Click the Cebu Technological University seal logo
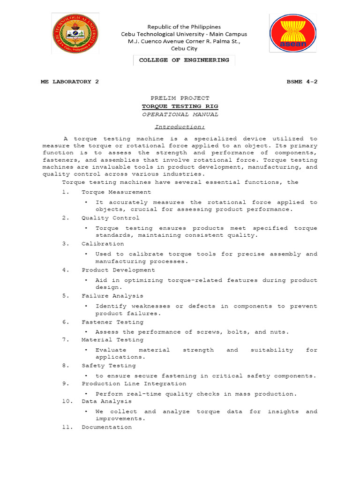point(75,34)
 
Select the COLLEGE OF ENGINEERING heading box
point(184,60)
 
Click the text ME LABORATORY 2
point(70,82)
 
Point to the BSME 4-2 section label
point(302,82)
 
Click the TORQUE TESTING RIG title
point(180,106)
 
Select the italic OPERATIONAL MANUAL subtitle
point(180,114)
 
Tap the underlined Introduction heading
point(180,127)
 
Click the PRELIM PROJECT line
point(180,98)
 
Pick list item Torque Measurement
point(116,192)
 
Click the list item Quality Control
point(110,218)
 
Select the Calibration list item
point(103,244)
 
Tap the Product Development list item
point(118,270)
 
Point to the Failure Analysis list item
point(112,296)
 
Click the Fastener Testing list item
point(112,322)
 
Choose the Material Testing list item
point(112,339)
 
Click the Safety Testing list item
point(109,366)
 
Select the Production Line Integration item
point(134,383)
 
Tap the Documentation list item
point(106,427)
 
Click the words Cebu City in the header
point(184,48)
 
